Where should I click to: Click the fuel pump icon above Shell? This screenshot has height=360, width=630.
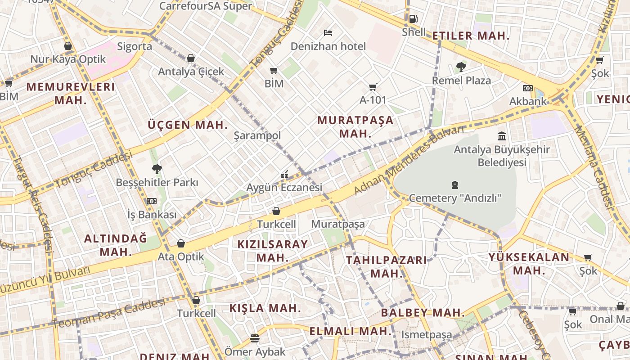click(x=413, y=19)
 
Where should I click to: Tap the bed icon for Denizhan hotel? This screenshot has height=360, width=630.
click(x=328, y=33)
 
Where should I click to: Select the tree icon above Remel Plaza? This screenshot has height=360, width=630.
click(x=461, y=67)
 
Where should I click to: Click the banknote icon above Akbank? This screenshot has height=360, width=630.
click(x=528, y=88)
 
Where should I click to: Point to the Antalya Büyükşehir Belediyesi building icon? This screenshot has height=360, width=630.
click(x=502, y=135)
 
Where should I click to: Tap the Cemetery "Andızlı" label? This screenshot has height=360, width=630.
click(x=455, y=198)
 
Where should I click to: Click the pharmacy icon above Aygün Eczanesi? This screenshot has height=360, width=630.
click(x=284, y=174)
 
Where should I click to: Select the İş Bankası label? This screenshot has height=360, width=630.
click(x=152, y=215)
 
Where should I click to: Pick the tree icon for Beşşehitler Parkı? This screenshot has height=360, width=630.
click(x=157, y=169)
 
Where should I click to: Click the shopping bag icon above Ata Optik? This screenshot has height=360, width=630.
click(x=181, y=243)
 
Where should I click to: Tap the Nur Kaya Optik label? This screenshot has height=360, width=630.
click(x=68, y=59)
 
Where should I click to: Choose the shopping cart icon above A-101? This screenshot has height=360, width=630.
click(x=373, y=87)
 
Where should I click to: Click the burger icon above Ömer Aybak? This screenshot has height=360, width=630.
click(x=255, y=338)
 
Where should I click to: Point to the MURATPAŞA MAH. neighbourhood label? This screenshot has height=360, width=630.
click(x=355, y=126)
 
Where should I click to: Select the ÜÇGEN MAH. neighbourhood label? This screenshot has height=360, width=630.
click(x=188, y=125)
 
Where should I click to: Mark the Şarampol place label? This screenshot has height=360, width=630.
click(x=257, y=135)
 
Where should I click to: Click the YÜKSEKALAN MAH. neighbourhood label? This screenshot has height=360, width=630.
click(x=529, y=264)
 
